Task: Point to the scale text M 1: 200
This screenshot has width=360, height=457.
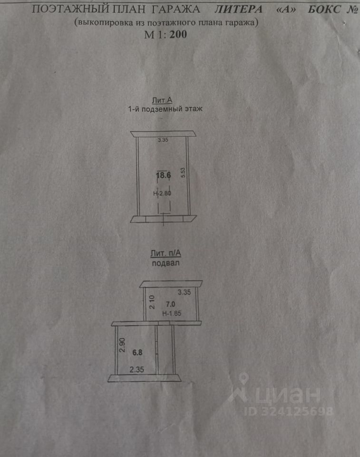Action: (x=165, y=34)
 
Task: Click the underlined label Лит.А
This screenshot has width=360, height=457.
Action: (x=162, y=100)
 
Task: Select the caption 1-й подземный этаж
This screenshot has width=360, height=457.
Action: (x=165, y=109)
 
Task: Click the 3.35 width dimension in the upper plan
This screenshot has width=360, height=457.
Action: (x=164, y=140)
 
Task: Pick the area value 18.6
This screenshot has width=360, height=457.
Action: (x=164, y=175)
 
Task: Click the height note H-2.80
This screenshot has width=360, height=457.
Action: (x=162, y=194)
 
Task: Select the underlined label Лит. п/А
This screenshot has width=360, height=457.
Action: (x=165, y=254)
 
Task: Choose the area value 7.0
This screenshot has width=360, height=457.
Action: (x=170, y=303)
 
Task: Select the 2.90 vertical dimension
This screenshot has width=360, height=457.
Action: (x=122, y=344)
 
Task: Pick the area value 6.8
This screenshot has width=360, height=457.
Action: (x=137, y=353)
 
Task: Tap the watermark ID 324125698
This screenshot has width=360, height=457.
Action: (x=289, y=411)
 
